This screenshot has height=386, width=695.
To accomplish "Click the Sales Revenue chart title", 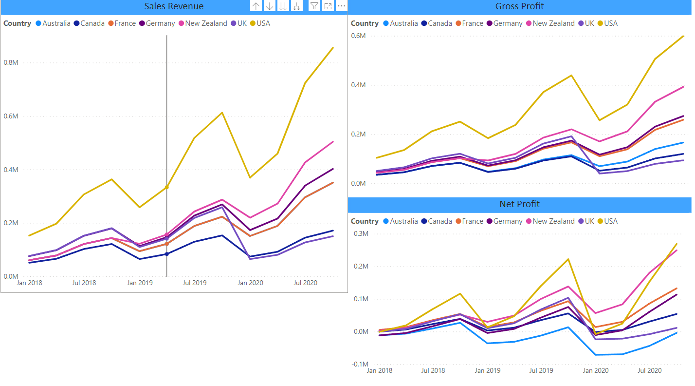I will coord(174,6).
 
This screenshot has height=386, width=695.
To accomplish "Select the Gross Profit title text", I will coord(519,6).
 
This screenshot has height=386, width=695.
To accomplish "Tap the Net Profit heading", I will coord(519,204).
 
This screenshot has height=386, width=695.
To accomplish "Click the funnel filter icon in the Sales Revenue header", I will coord(314,6).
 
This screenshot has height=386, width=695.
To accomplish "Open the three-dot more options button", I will coord(341,6).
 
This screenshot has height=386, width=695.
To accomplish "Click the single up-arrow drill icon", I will coord(256,6).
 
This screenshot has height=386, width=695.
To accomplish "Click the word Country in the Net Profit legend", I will coord(365,221).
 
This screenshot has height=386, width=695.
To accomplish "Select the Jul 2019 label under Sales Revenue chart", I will coord(194,283).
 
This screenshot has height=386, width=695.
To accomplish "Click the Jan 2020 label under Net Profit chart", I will coord(595,371).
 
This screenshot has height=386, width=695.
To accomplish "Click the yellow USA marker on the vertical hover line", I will coord(167,187).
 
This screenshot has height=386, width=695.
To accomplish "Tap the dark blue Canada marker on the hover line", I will coord(167,254).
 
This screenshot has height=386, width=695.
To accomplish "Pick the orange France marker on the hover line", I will coord(167,244).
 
